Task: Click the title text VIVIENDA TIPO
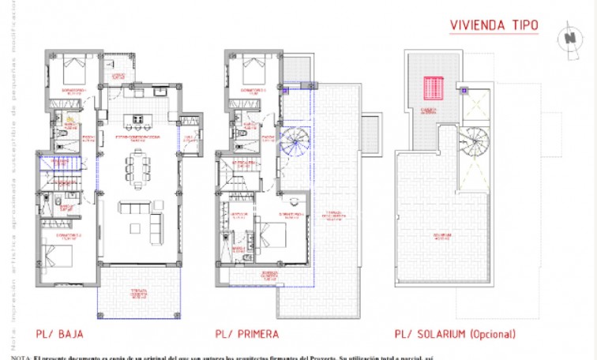click(494, 25)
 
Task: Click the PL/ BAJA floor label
click(60, 334)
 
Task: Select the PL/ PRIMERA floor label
click(247, 334)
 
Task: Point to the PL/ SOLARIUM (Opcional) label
click(456, 334)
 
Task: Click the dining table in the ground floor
click(139, 168)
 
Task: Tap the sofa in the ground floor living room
click(137, 208)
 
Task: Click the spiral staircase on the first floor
click(298, 144)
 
